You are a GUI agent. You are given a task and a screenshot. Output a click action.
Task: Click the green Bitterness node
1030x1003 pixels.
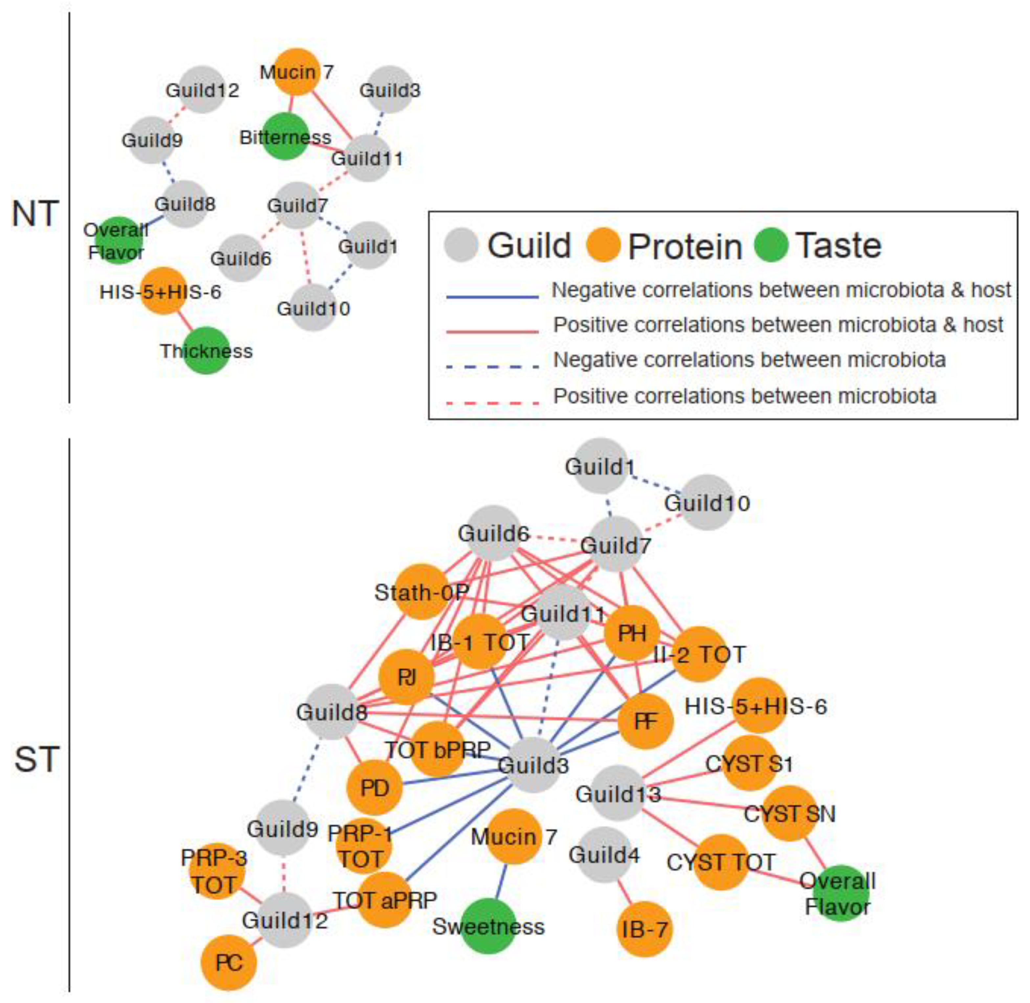coord(285,136)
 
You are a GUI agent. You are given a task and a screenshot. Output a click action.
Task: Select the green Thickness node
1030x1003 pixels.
coord(206,350)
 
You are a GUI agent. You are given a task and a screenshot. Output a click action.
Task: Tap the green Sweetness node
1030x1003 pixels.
coord(489,926)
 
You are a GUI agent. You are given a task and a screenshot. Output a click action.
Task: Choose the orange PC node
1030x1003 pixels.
coord(229,963)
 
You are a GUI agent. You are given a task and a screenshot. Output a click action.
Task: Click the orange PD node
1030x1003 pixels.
coord(374,788)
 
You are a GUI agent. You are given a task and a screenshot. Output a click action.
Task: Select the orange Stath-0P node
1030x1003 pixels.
coord(421,592)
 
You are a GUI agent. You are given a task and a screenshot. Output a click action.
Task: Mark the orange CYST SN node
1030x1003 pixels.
coord(789,813)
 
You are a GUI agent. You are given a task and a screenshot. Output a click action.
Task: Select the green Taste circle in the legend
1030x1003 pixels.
coord(771,245)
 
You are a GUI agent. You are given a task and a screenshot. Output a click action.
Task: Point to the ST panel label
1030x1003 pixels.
coord(36,759)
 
